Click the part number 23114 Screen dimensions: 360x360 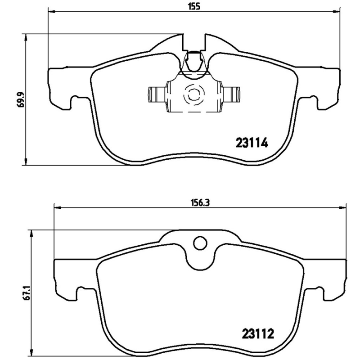point(252,143)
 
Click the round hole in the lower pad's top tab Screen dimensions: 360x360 point(199,243)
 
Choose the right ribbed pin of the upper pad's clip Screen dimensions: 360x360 point(233,94)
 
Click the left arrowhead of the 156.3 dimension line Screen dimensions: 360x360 point(57,208)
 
